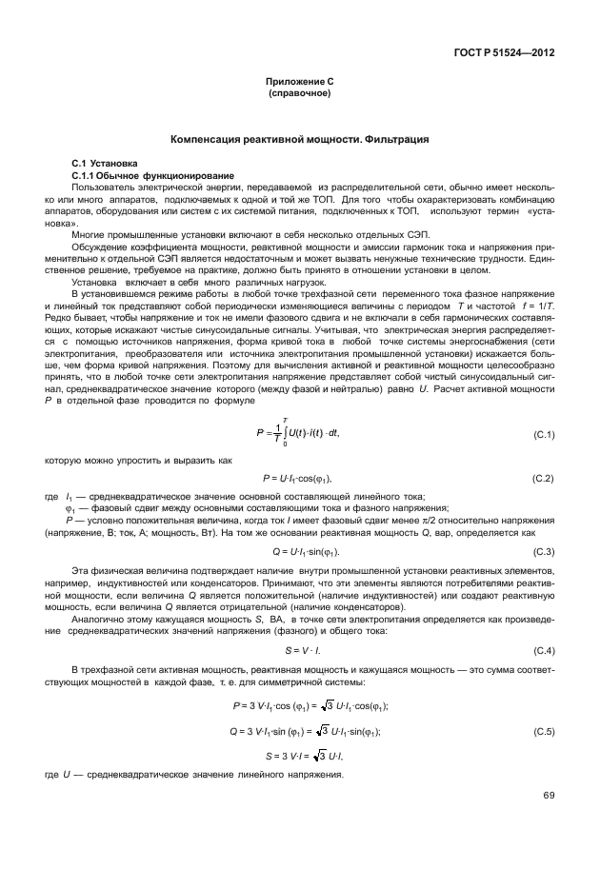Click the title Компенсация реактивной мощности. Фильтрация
coord(299,140)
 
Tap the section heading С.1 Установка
coord(105,164)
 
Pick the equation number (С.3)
coord(544,552)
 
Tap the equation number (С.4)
coord(544,650)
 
